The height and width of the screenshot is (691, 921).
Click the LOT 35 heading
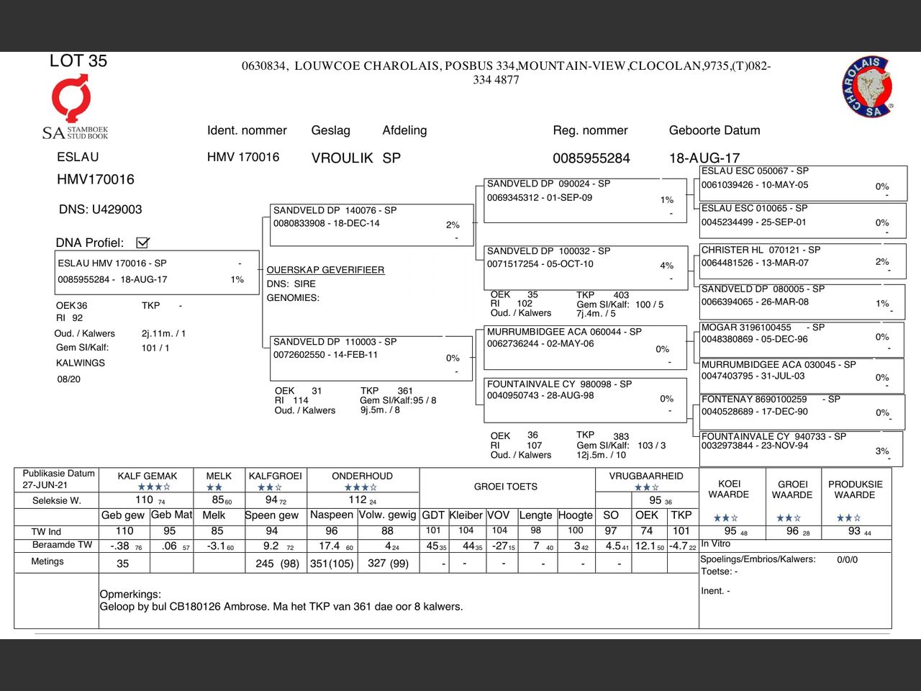tap(78, 61)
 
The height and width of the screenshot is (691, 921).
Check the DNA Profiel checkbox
tap(142, 243)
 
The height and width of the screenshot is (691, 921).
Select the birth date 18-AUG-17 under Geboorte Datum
tap(704, 158)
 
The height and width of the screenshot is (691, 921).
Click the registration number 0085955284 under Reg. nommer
tap(591, 158)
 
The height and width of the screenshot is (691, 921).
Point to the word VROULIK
tap(342, 158)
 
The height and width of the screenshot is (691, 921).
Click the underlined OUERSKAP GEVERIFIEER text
tap(325, 270)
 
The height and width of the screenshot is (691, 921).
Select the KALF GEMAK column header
tap(148, 476)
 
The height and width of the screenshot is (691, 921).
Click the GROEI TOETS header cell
tap(506, 487)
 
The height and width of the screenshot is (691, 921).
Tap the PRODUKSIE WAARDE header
tap(855, 489)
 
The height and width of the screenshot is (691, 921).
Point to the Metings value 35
tap(123, 564)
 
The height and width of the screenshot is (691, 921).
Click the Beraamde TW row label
tap(63, 545)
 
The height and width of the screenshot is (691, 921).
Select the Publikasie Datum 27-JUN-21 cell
tap(58, 479)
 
